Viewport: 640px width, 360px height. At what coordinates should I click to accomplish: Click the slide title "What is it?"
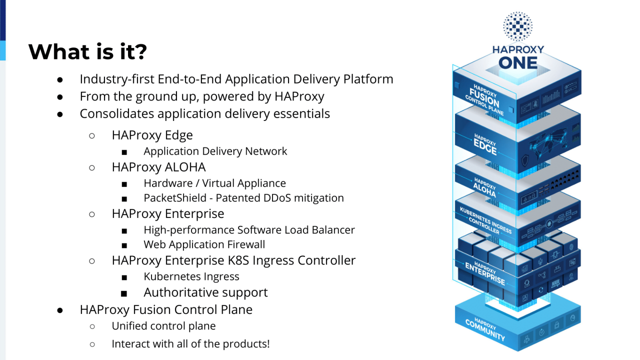(x=87, y=52)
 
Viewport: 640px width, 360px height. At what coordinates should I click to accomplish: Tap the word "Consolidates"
(x=116, y=113)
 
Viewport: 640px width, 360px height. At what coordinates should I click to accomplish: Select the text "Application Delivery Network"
(x=215, y=151)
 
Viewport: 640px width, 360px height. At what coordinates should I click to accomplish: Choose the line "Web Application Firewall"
(x=204, y=244)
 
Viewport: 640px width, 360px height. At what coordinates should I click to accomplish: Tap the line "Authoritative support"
(x=205, y=292)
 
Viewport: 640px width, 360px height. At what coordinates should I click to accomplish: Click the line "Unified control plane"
(x=163, y=326)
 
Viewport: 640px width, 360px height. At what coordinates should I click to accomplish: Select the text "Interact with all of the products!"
(x=190, y=344)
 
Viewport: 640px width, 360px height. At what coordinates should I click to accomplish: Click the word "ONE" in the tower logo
(x=517, y=63)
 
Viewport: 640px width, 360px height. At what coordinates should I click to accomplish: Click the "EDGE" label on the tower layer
(x=484, y=147)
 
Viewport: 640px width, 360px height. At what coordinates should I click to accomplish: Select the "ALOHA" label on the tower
(x=484, y=190)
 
